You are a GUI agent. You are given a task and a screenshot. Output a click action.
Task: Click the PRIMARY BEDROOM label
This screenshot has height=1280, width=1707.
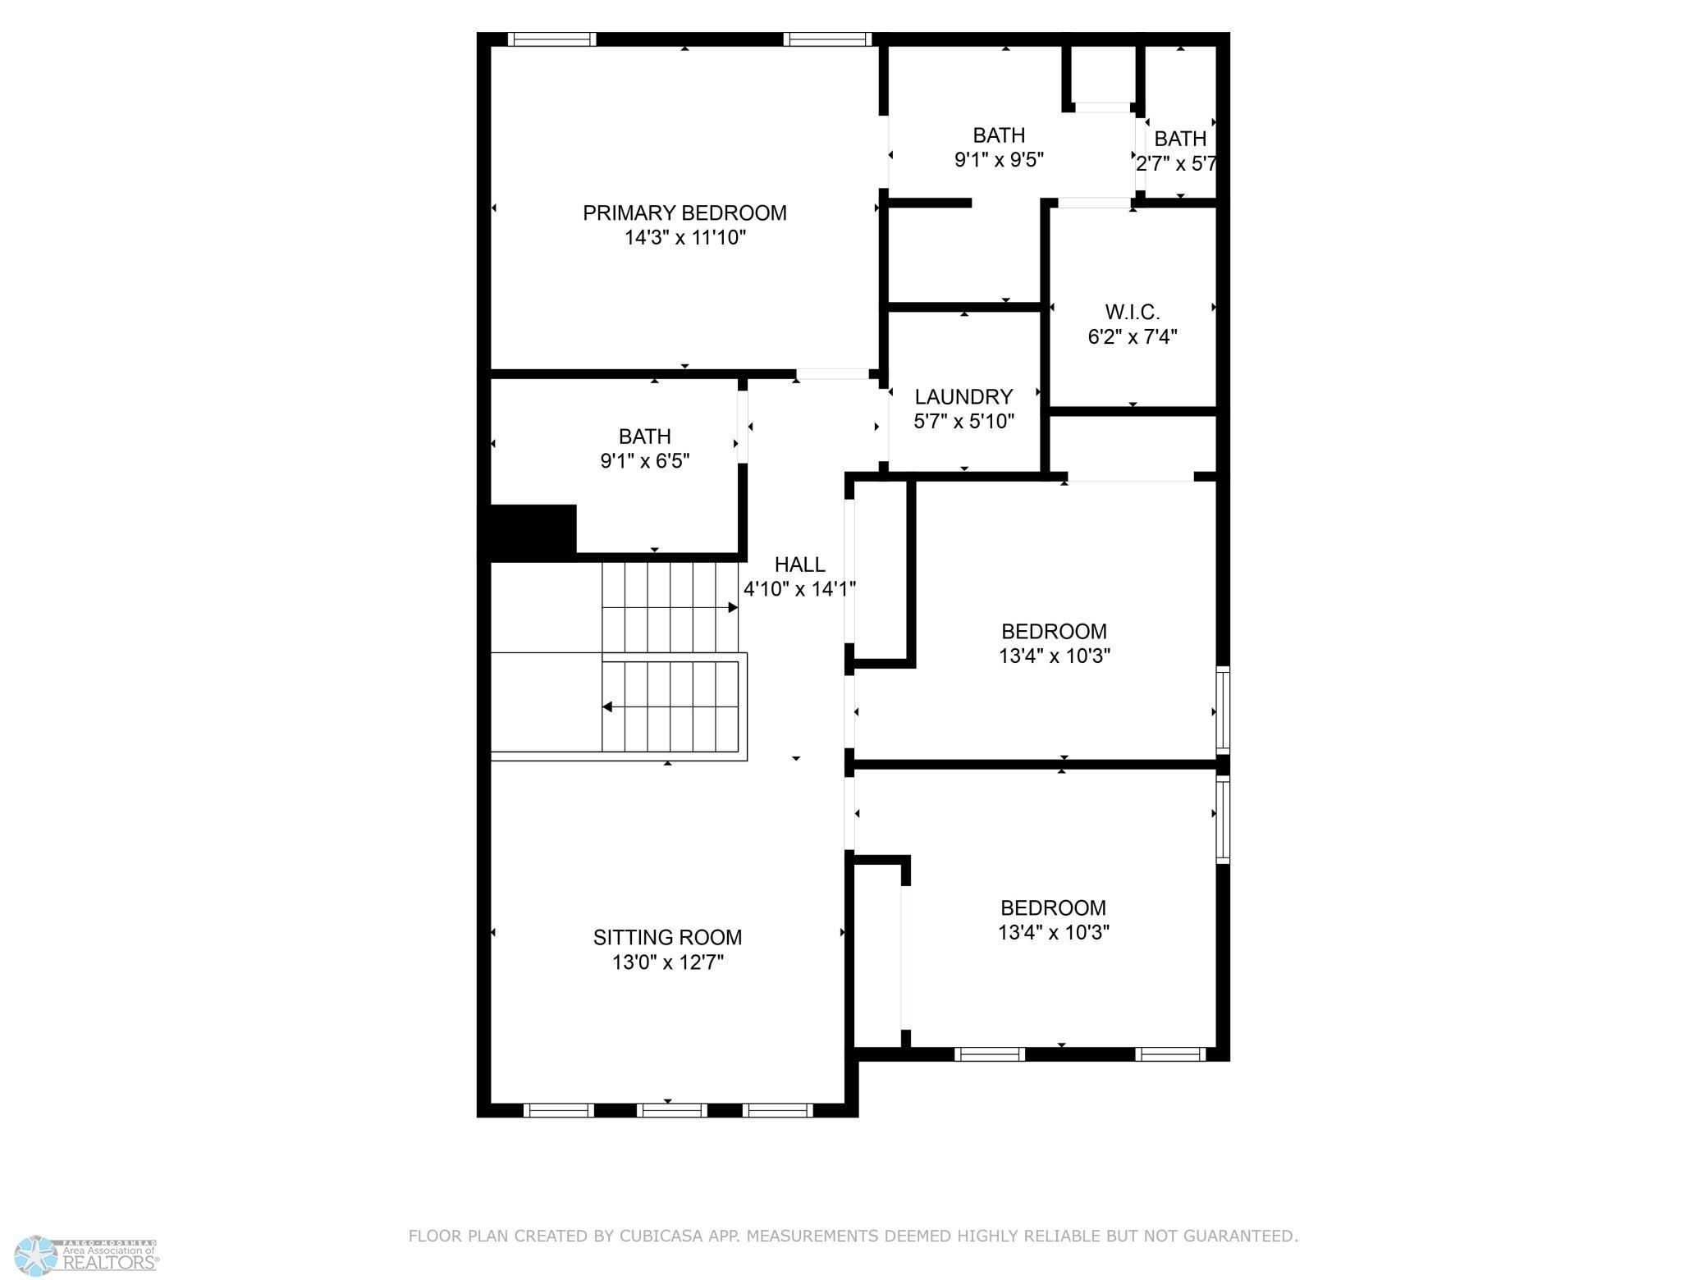click(684, 213)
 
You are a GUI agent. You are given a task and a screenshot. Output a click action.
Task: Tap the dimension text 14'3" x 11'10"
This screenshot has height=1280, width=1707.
click(684, 238)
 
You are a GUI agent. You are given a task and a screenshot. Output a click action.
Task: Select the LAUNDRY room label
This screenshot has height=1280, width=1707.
click(963, 397)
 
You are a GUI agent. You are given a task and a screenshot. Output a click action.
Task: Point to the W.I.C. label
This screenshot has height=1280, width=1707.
click(1133, 313)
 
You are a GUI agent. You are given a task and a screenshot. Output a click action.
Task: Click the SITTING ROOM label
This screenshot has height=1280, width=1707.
click(667, 937)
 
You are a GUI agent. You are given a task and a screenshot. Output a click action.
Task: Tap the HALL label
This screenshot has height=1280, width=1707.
click(799, 565)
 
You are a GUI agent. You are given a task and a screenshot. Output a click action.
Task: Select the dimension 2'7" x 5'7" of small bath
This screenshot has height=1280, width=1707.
click(1176, 164)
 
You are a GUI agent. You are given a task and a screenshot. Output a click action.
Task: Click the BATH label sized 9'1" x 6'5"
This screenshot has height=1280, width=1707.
click(645, 437)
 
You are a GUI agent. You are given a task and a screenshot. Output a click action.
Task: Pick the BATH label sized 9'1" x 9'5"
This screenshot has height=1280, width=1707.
click(999, 135)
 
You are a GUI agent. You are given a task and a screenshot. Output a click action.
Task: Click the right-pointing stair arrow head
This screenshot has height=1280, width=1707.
click(733, 608)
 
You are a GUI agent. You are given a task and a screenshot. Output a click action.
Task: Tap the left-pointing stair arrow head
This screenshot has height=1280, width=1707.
click(607, 706)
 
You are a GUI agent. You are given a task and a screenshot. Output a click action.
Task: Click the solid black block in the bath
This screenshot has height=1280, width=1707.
click(533, 532)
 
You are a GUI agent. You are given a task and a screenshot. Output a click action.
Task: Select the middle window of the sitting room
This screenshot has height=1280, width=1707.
click(671, 1110)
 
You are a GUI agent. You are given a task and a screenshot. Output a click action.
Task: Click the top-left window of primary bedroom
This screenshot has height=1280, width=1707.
click(551, 39)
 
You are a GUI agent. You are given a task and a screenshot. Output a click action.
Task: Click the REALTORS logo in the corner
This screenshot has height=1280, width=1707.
click(90, 1255)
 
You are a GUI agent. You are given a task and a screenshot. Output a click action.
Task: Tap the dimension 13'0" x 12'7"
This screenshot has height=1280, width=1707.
click(667, 962)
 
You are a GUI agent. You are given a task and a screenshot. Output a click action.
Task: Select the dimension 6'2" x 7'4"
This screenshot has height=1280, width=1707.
click(1133, 337)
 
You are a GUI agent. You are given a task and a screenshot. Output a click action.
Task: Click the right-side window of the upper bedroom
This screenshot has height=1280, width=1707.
click(1222, 711)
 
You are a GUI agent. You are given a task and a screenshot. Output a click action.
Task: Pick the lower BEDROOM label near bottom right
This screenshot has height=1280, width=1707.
click(1053, 908)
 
